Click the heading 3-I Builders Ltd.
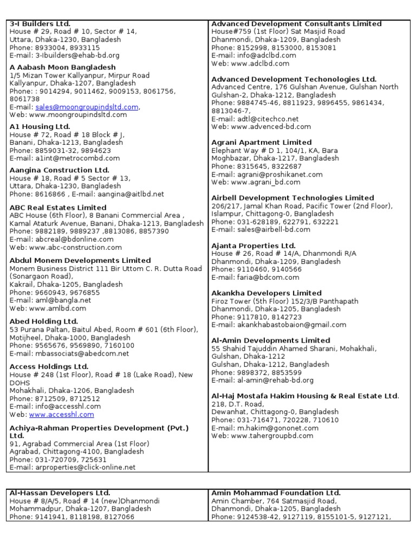40,24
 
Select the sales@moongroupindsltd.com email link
87,107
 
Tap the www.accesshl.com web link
61,415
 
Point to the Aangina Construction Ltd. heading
60,170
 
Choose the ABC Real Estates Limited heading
58,208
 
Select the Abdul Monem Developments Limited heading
80,261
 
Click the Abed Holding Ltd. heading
44,321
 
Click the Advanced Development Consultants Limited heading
296,24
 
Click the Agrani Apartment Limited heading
262,143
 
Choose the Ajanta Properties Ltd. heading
253,246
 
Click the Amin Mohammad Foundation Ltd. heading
276,493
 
